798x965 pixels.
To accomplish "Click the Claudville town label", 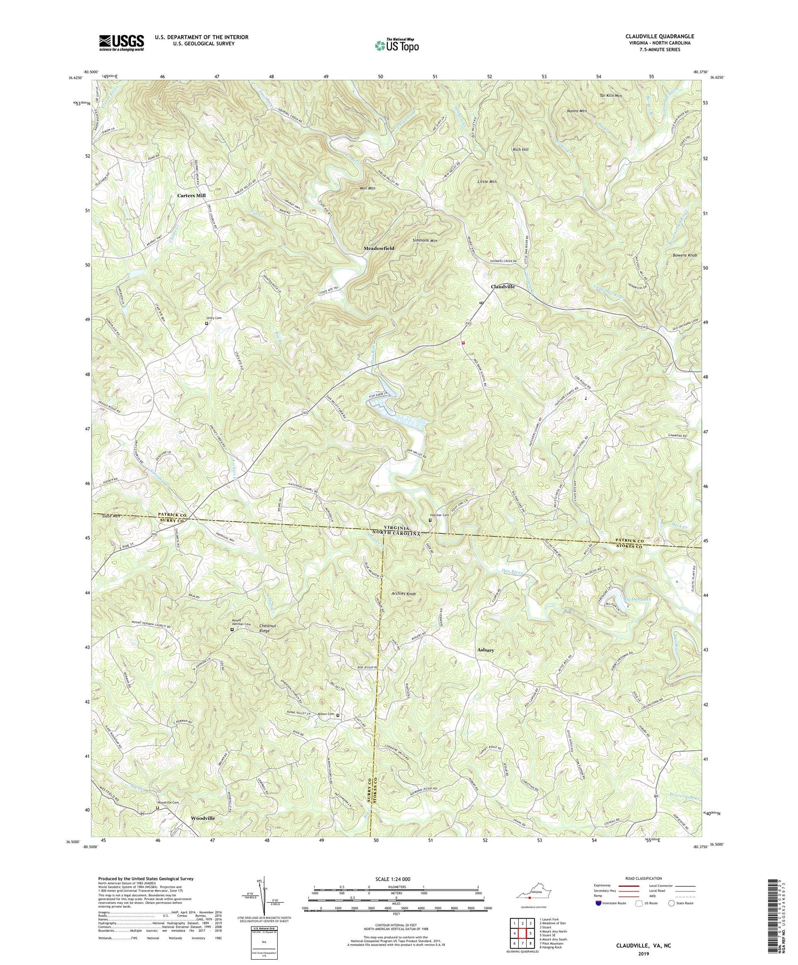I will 502,286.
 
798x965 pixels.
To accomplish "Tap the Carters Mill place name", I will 191,195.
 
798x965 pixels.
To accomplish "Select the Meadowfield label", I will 379,249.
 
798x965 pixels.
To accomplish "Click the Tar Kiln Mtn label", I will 611,96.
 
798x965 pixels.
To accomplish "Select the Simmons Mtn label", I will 425,241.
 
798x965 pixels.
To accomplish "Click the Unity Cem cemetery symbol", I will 206,323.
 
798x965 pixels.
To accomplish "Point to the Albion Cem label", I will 325,714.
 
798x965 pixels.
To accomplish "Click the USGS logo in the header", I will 121,43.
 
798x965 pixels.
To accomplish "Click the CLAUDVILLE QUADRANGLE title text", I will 660,37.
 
